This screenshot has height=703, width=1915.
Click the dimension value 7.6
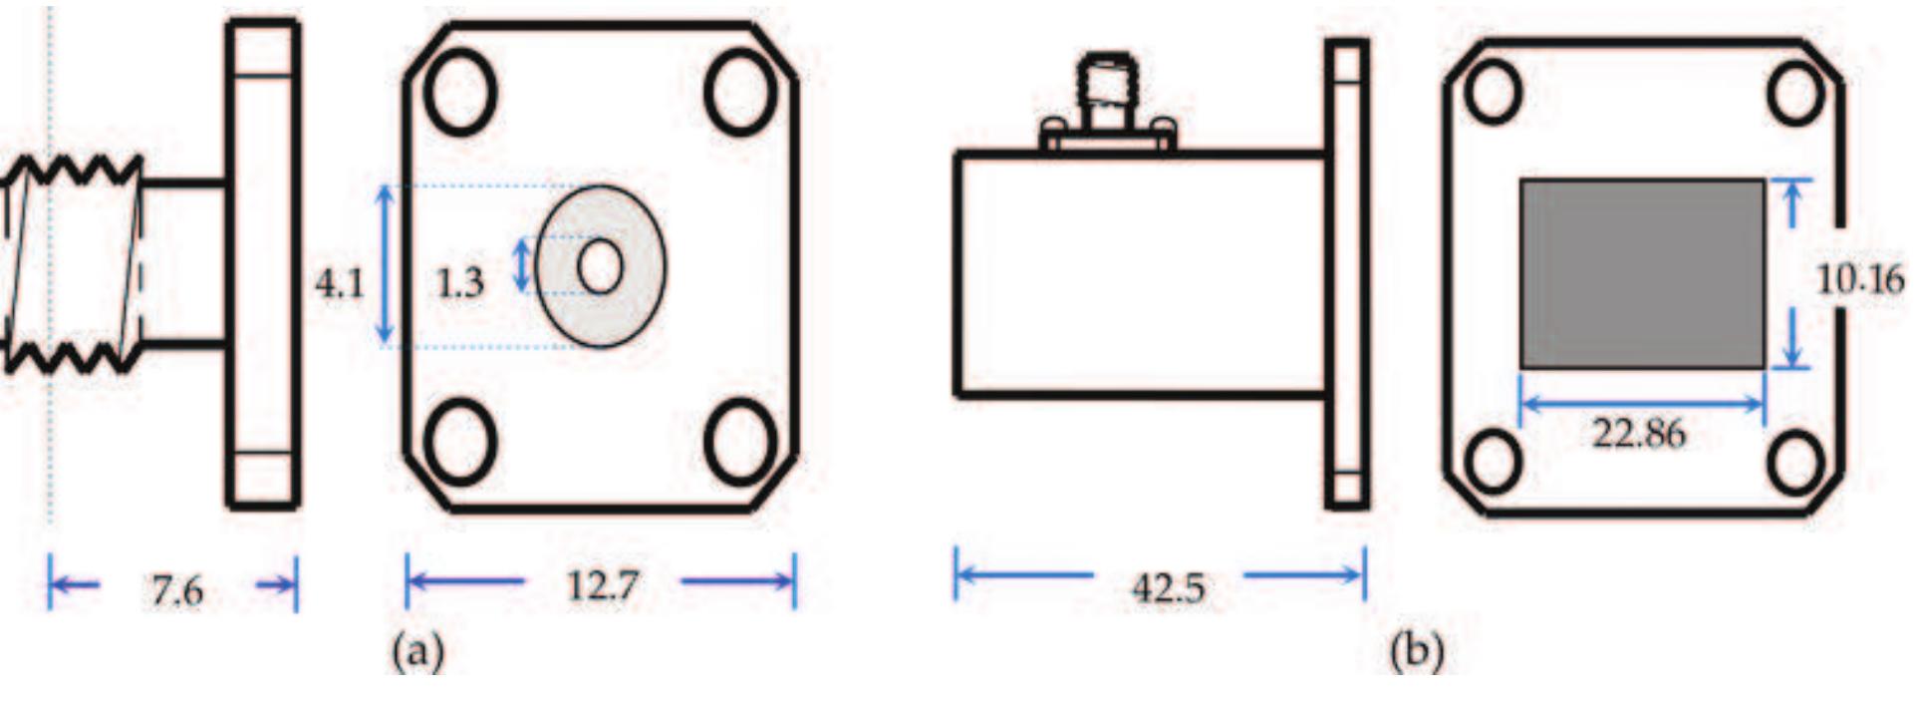pyautogui.click(x=177, y=590)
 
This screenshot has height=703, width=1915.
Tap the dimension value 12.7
pyautogui.click(x=602, y=585)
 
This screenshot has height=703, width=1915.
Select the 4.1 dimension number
pyautogui.click(x=339, y=284)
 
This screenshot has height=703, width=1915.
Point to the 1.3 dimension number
pyautogui.click(x=459, y=283)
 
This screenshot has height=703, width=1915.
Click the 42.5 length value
pyautogui.click(x=1168, y=588)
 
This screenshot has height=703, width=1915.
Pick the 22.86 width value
pyautogui.click(x=1639, y=434)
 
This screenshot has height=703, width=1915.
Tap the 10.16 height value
pyautogui.click(x=1860, y=279)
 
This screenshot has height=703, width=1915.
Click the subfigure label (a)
pyautogui.click(x=418, y=653)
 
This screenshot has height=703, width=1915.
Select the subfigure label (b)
pyautogui.click(x=1417, y=653)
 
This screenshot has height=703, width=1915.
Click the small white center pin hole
pyautogui.click(x=600, y=267)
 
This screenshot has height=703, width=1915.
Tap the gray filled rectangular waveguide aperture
pyautogui.click(x=1641, y=274)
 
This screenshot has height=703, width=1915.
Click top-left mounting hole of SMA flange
pyautogui.click(x=459, y=92)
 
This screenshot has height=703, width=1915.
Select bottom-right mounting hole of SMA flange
pyautogui.click(x=740, y=442)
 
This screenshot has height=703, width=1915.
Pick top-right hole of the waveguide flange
pyautogui.click(x=1795, y=92)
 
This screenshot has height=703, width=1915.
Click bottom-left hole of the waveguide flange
pyautogui.click(x=1493, y=462)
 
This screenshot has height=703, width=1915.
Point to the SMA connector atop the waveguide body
pyautogui.click(x=1107, y=100)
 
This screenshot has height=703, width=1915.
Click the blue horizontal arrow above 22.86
pyautogui.click(x=1641, y=404)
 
